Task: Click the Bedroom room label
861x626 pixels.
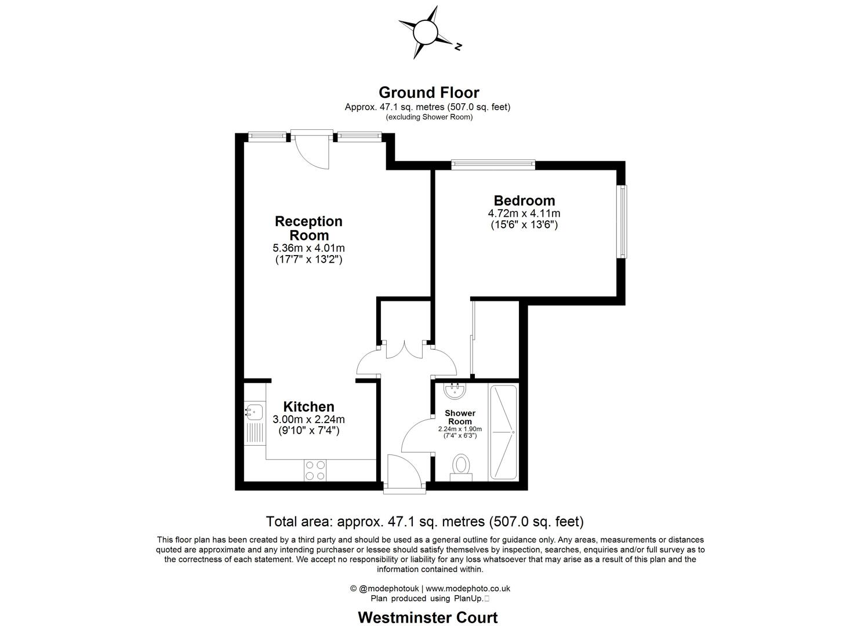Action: tap(524, 201)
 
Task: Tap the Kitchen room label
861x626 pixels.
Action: tap(308, 407)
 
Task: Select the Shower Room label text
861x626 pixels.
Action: tap(460, 417)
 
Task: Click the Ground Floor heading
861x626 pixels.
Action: tap(428, 93)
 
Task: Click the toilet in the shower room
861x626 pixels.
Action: tap(462, 467)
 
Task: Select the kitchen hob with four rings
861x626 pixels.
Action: tap(315, 469)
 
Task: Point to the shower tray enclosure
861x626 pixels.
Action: tap(503, 432)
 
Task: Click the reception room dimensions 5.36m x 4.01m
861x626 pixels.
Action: tap(308, 248)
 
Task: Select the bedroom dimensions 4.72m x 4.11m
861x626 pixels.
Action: tap(524, 213)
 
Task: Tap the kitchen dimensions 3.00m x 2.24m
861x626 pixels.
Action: tap(308, 420)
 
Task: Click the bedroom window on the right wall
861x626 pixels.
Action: tap(622, 221)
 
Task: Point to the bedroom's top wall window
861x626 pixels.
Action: tap(493, 165)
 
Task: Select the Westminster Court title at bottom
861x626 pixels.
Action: tap(428, 617)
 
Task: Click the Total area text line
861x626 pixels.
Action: tap(424, 522)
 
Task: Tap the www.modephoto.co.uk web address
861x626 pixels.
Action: tap(468, 588)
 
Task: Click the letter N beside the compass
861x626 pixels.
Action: tap(458, 46)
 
